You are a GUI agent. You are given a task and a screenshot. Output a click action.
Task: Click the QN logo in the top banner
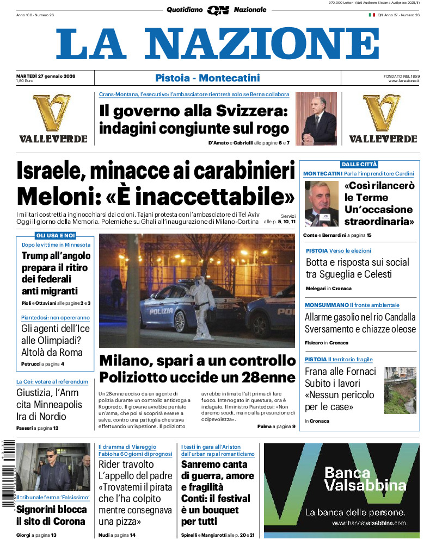coord(218,10)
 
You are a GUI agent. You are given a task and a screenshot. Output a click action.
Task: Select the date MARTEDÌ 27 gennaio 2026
coord(46,76)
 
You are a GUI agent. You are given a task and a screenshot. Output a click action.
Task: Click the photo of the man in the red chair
coord(316,118)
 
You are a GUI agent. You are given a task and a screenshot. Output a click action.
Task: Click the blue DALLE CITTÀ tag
coord(359,164)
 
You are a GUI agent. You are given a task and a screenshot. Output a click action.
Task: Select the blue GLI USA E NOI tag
coord(55,235)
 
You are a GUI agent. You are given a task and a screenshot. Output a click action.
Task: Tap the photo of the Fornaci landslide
coord(400,390)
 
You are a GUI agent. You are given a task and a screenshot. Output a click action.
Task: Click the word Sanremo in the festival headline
coord(207,464)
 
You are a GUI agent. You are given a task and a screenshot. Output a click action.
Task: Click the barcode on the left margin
coord(7,473)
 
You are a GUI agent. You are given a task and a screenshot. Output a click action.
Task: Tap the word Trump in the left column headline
coord(40,256)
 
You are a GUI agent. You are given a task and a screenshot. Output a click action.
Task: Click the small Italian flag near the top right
coord(372,15)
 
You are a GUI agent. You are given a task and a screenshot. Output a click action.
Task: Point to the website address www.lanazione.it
coord(404,81)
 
